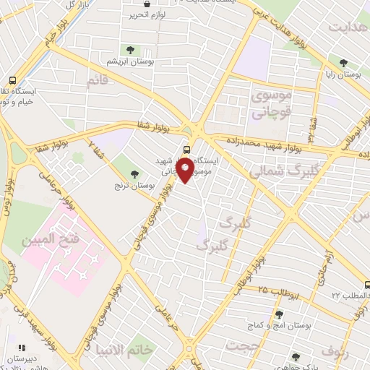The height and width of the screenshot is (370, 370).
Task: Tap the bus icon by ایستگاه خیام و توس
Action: click(12, 81)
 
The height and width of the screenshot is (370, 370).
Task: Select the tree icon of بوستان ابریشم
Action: click(129, 50)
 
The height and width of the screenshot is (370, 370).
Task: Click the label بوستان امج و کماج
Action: click(288, 327)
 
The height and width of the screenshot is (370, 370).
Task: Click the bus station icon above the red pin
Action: click(187, 149)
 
